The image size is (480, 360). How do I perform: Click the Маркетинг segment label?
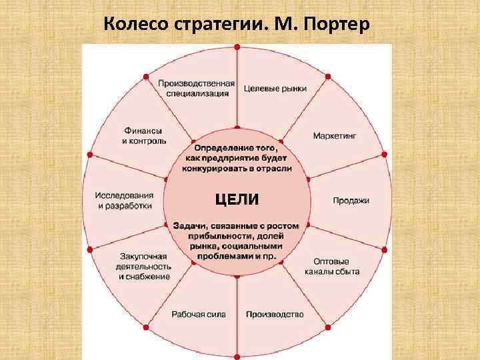click(335, 135)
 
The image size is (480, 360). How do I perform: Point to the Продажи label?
click(351, 201)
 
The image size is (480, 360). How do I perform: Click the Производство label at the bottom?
click(275, 314)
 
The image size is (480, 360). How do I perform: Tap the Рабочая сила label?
click(199, 314)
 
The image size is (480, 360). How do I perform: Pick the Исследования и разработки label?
click(125, 201)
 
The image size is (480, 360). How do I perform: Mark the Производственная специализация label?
click(196, 88)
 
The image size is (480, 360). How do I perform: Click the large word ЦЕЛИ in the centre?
click(237, 199)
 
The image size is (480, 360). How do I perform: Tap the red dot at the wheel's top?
click(237, 47)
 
